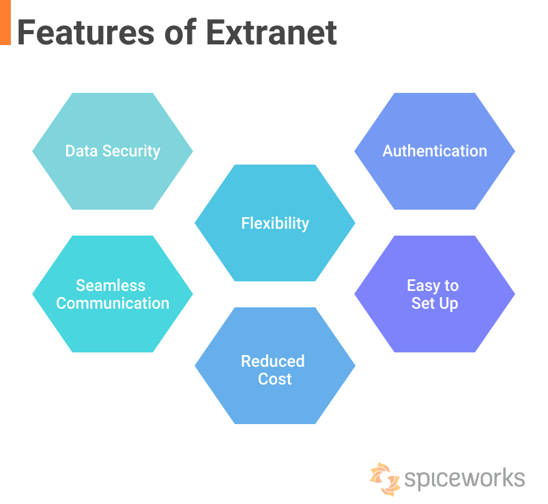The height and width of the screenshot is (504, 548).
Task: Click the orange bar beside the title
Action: click(5, 23)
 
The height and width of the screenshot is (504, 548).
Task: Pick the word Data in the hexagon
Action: click(81, 151)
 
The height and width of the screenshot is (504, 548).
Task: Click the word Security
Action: click(130, 151)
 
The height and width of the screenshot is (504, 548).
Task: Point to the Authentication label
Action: click(435, 151)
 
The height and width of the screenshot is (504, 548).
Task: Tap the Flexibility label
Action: click(275, 223)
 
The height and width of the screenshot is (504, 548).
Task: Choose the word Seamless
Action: click(111, 285)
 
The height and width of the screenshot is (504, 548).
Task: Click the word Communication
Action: click(113, 303)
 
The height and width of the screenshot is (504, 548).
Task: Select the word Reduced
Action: click(272, 361)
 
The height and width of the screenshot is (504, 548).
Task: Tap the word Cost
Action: click(275, 379)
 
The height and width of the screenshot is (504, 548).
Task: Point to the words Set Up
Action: click(435, 303)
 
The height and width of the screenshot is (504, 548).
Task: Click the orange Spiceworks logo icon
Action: click(384, 479)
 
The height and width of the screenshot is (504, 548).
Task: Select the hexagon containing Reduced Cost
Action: click(275, 403)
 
